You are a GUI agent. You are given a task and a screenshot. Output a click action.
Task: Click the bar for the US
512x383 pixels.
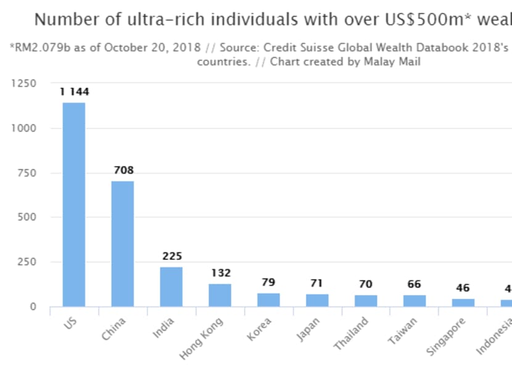(74, 204)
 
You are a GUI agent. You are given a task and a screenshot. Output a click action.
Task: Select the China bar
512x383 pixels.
(123, 244)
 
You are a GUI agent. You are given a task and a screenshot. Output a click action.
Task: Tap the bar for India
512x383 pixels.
(171, 286)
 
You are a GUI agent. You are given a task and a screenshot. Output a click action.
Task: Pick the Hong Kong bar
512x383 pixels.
(220, 295)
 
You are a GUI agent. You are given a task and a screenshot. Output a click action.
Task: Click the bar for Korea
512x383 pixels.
(269, 300)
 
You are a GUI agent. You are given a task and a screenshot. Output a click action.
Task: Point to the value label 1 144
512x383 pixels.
(74, 92)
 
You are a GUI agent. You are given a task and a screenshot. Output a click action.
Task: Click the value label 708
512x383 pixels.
(123, 171)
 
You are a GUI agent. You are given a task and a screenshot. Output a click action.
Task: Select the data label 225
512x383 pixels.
(171, 256)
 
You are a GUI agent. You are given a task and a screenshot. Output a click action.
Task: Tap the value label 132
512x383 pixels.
(220, 273)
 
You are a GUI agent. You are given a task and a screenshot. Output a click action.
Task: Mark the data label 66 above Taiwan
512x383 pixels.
(415, 284)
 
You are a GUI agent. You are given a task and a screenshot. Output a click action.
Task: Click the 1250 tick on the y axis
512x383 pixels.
(23, 83)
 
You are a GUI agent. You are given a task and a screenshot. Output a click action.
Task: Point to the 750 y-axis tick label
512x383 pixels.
(27, 173)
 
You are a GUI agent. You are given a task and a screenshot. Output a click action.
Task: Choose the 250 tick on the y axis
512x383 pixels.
(27, 262)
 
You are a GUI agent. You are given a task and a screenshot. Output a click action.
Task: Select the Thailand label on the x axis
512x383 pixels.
(352, 333)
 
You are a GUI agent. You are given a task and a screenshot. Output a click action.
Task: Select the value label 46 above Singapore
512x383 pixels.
(463, 288)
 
